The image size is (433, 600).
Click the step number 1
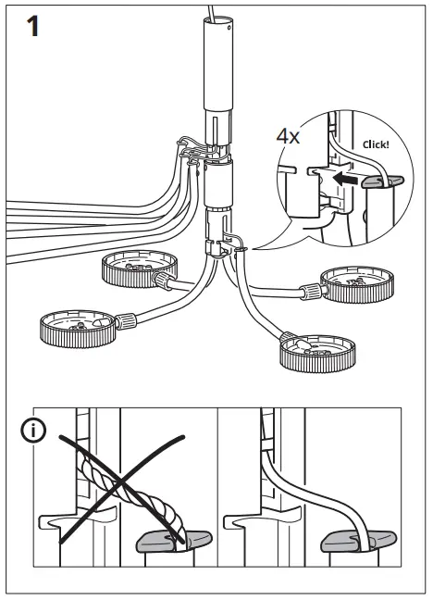31,27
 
